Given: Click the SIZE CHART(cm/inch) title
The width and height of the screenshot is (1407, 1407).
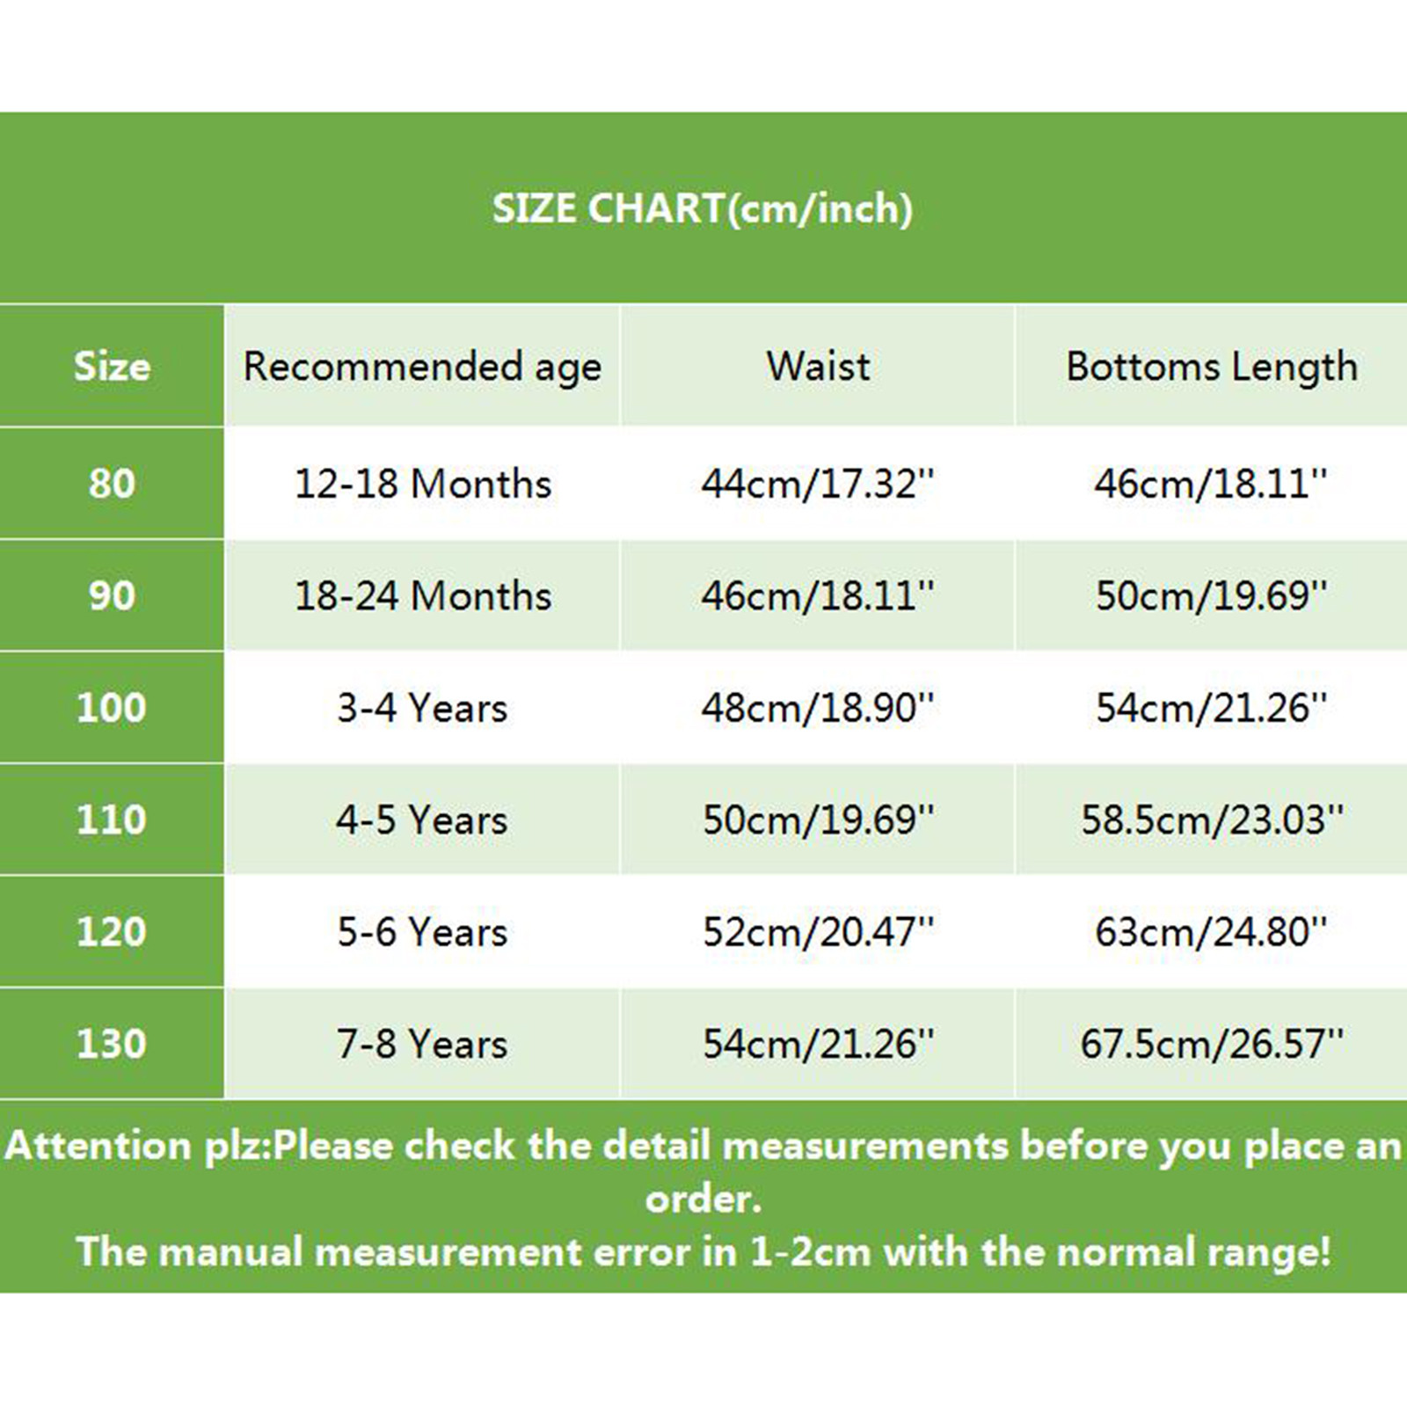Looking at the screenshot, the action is [703, 209].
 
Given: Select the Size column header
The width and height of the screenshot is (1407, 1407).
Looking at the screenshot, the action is [112, 366].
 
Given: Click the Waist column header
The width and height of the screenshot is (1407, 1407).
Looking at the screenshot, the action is [818, 366].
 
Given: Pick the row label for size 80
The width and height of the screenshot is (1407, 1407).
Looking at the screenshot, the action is [112, 484].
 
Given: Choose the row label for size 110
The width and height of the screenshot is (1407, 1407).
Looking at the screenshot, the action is [112, 820].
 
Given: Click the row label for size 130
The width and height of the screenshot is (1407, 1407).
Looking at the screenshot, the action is [112, 1044].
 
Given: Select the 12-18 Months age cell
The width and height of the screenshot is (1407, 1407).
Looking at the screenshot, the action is [423, 484].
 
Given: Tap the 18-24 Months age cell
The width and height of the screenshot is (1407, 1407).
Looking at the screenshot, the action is [423, 596].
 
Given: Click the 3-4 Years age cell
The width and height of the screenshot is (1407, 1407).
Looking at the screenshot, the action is [422, 708].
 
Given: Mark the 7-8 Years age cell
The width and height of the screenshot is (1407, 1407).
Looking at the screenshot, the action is [422, 1044].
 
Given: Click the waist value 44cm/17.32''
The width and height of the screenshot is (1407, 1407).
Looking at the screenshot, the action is [818, 484].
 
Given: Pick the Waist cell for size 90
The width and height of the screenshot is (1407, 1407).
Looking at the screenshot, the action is [818, 596].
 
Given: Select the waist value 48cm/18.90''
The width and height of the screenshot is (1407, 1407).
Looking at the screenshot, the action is [818, 708].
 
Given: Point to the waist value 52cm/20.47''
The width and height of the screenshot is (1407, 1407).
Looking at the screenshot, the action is [818, 932].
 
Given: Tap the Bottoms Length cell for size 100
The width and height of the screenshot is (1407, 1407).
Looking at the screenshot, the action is [1212, 708].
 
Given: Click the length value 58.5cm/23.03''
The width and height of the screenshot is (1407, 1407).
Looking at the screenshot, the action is [1213, 820].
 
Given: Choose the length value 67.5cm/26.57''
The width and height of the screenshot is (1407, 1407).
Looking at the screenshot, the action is [1213, 1044].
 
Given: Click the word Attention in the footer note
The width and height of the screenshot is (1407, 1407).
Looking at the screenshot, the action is [98, 1146].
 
